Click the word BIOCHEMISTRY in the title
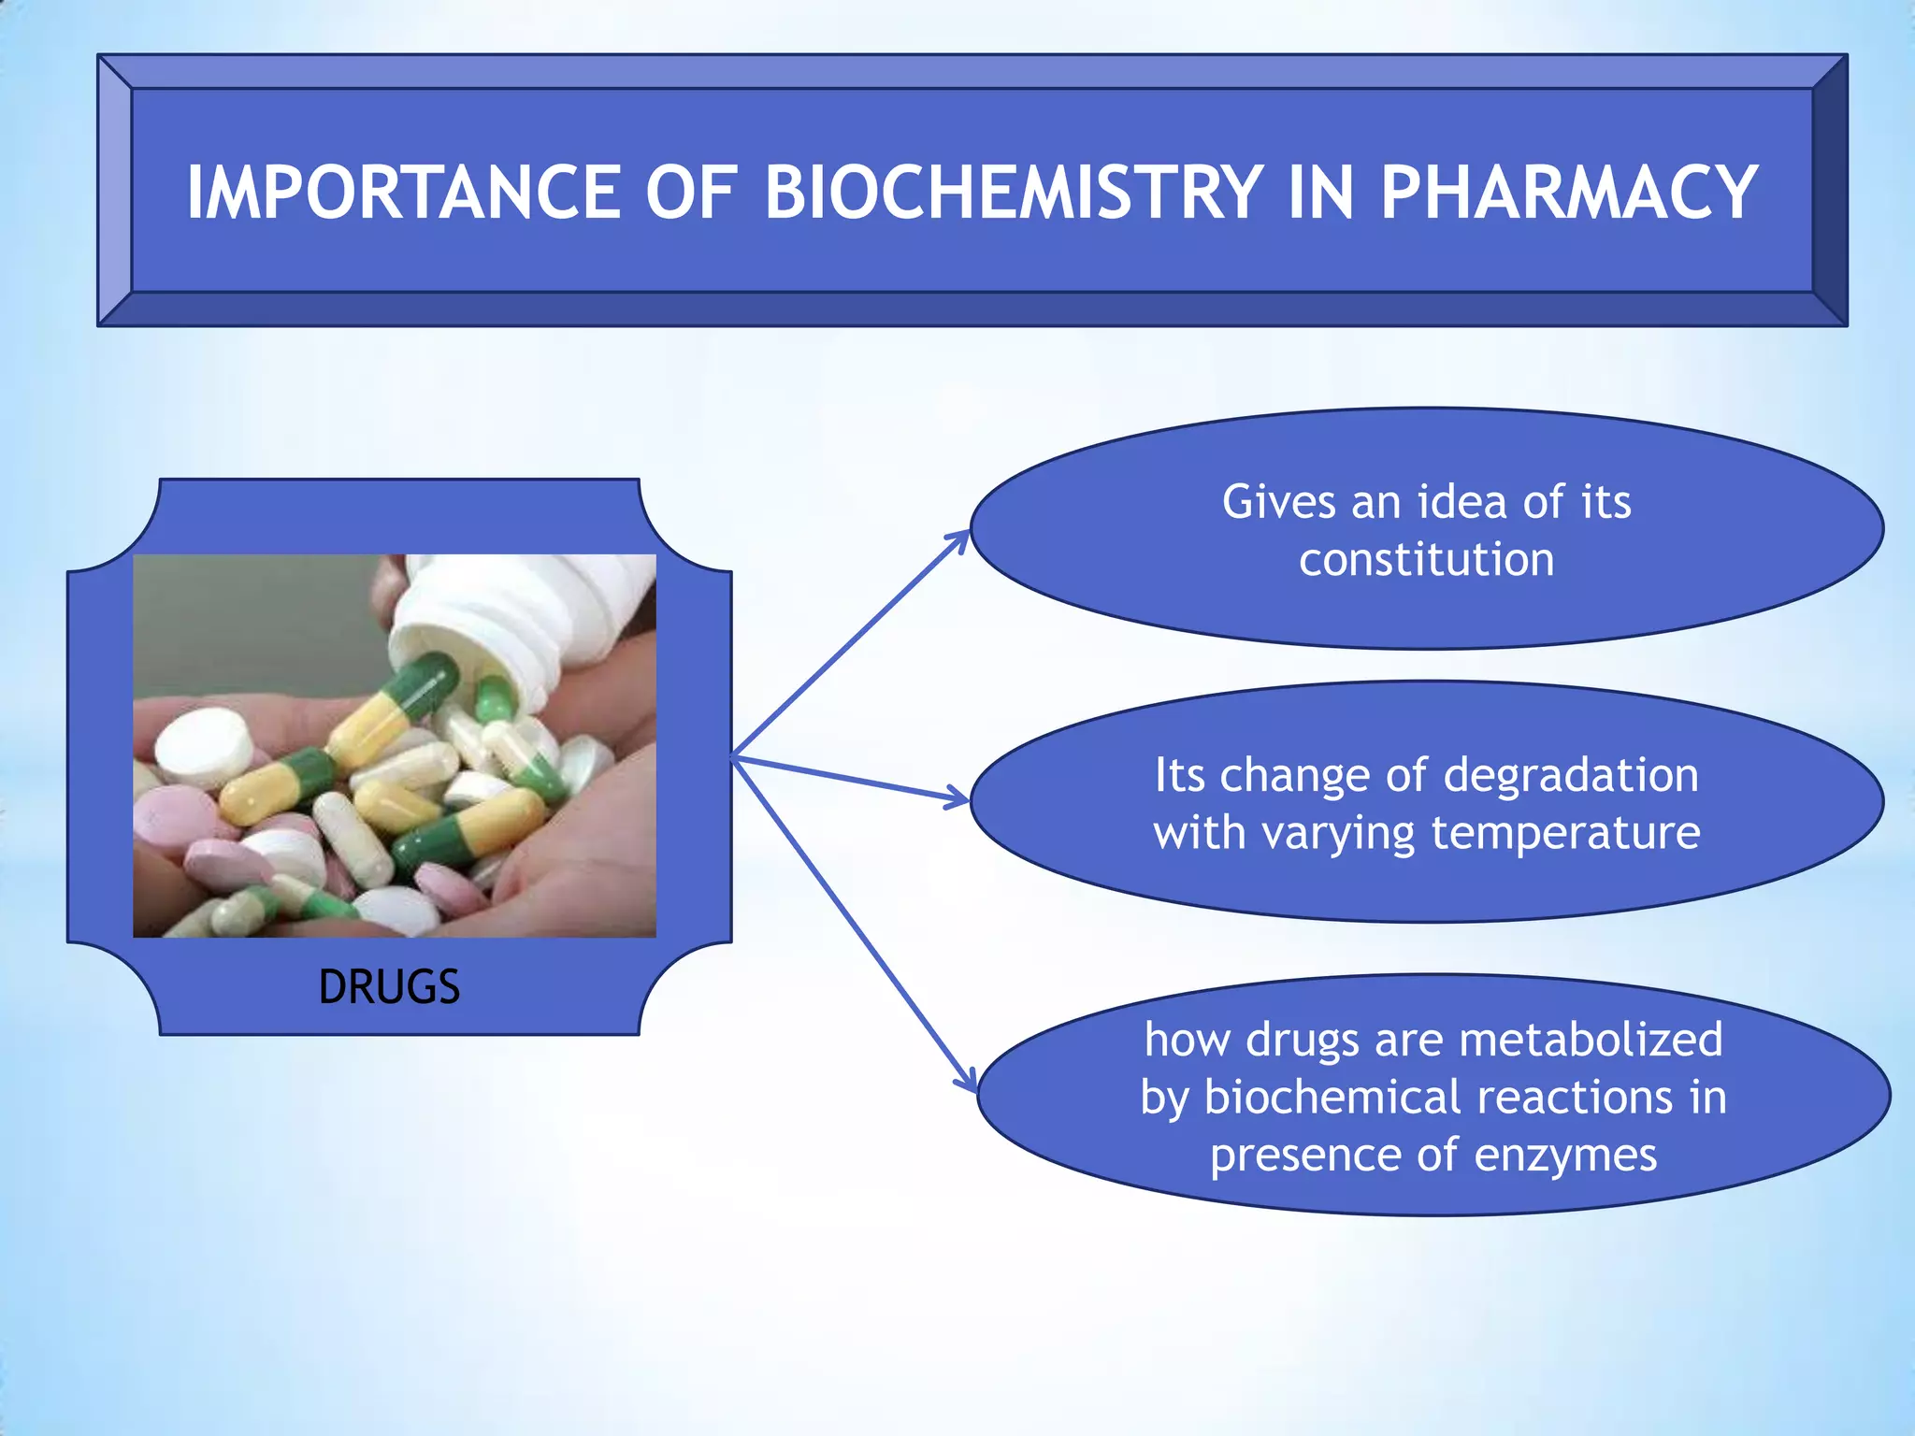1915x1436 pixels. coord(1014,193)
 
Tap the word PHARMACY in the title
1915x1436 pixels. coord(1569,193)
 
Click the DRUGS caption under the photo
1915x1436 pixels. coord(389,987)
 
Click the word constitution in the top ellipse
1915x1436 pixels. coord(1426,560)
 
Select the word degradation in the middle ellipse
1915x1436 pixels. coord(1571,775)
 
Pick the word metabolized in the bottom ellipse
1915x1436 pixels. coord(1590,1040)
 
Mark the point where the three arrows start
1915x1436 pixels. coord(734,756)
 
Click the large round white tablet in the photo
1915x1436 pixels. coord(204,744)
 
